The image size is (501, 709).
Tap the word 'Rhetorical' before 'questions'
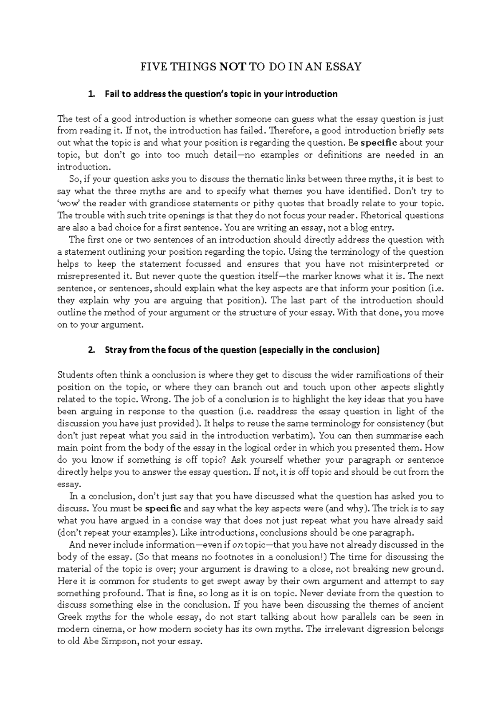[383, 216]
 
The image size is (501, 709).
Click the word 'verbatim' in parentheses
[295, 436]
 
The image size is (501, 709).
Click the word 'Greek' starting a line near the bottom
[69, 617]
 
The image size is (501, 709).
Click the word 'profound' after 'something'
[121, 593]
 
